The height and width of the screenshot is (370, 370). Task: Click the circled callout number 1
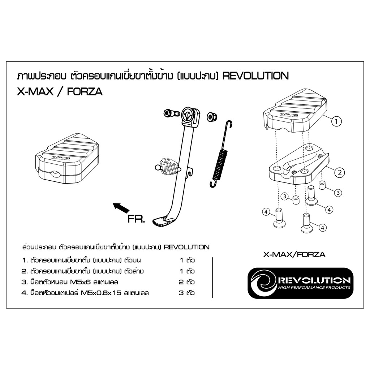[336, 121]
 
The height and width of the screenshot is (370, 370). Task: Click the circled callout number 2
[340, 172]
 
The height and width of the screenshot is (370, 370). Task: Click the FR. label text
[136, 219]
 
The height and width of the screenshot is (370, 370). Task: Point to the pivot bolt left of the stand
[171, 113]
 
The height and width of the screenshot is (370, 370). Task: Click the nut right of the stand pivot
[212, 116]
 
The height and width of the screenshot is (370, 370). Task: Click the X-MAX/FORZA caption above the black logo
[294, 254]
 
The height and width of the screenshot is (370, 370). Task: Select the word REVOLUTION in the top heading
[255, 76]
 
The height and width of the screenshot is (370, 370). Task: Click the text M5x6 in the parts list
[81, 282]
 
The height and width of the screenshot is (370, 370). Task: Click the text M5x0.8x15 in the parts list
[101, 293]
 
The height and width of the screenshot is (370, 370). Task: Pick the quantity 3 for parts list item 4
[181, 293]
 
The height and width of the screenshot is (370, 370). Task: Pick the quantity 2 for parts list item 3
[181, 282]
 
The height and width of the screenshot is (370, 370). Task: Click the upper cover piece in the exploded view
[295, 111]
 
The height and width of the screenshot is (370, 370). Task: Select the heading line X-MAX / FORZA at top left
[60, 91]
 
